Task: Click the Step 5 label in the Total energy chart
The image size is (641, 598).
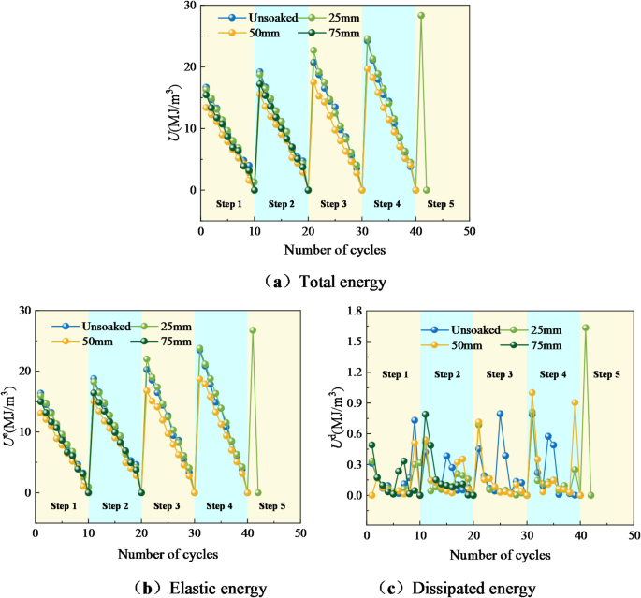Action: (x=442, y=203)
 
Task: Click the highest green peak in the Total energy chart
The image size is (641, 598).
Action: (x=421, y=15)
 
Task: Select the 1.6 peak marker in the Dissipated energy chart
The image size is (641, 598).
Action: (x=586, y=328)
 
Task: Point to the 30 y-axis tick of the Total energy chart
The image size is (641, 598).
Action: (x=190, y=6)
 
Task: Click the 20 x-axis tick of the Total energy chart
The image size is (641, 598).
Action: (x=309, y=231)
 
